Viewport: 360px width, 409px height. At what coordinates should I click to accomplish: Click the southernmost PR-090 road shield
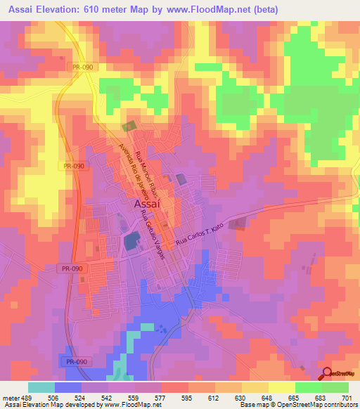coord(70,359)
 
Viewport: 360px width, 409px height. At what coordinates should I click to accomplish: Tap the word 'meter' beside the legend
coord(13,397)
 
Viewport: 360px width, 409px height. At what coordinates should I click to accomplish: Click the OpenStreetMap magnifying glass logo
coord(327,374)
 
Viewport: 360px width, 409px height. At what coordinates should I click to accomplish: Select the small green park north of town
coord(129,127)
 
